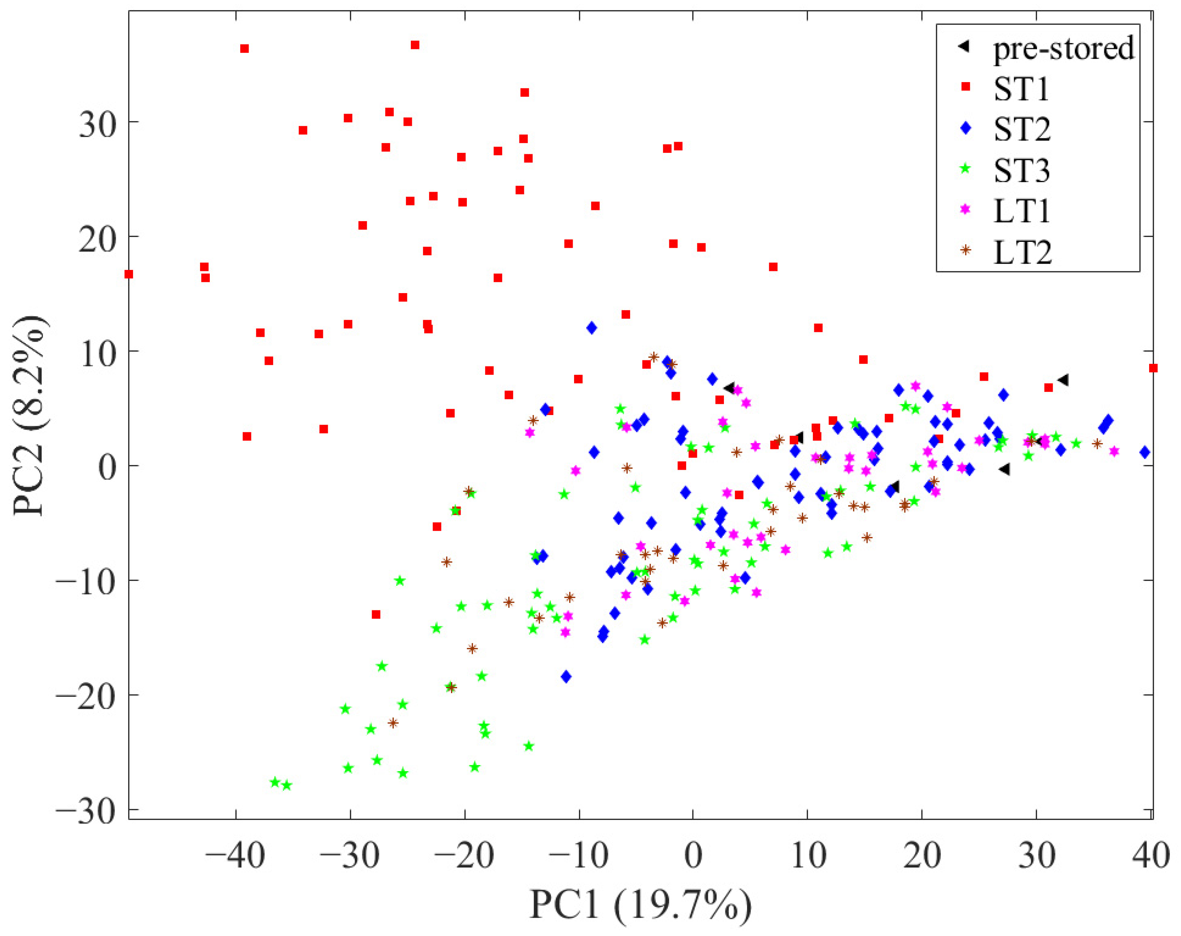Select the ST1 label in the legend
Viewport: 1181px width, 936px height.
(1021, 89)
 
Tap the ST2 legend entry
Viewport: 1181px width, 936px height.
(1022, 129)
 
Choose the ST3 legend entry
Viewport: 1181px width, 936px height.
(1022, 170)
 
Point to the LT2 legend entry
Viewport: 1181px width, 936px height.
(1022, 252)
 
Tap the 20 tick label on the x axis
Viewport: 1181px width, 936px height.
(921, 855)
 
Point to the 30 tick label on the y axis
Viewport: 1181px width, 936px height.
(98, 122)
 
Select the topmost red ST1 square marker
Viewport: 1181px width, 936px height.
(415, 45)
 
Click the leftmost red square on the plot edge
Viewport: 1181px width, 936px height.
(129, 274)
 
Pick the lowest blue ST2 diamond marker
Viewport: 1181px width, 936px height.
(566, 677)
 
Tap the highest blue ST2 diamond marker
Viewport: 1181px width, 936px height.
(591, 328)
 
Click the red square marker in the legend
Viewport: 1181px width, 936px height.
(966, 87)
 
